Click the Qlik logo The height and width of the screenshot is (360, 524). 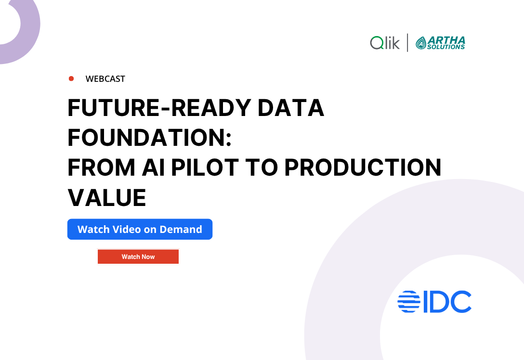pyautogui.click(x=385, y=43)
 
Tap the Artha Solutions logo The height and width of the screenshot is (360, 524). pyautogui.click(x=440, y=43)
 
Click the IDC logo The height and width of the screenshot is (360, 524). pyautogui.click(x=434, y=302)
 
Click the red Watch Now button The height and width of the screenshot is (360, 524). pyautogui.click(x=138, y=257)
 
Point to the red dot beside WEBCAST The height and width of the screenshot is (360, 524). pyautogui.click(x=71, y=78)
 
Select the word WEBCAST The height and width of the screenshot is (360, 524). pyautogui.click(x=105, y=79)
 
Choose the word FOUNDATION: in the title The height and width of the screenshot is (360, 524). pyautogui.click(x=150, y=138)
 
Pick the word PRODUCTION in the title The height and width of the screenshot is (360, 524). pyautogui.click(x=362, y=167)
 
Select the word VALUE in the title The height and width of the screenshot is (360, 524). pyautogui.click(x=107, y=197)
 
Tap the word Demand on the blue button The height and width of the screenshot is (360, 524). pyautogui.click(x=181, y=229)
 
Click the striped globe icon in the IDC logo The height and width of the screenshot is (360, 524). pyautogui.click(x=408, y=302)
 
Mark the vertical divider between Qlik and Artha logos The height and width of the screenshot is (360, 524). pyautogui.click(x=407, y=43)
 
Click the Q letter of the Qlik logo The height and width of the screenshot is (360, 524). pyautogui.click(x=376, y=43)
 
